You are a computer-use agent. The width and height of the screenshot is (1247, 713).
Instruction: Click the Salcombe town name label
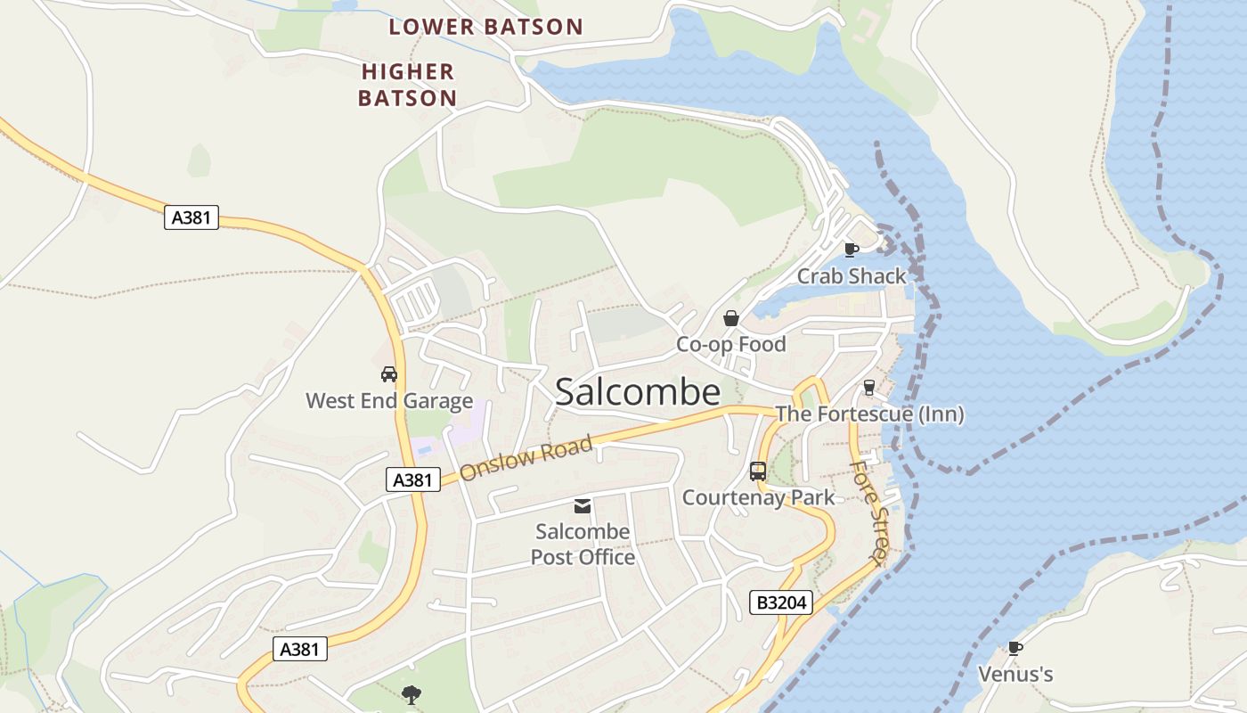click(x=637, y=392)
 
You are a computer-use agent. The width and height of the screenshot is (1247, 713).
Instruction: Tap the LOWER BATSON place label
click(x=485, y=27)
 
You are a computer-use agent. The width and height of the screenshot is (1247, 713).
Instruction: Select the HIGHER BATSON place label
click(x=408, y=85)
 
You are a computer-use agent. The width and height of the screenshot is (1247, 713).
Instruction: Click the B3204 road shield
click(x=781, y=602)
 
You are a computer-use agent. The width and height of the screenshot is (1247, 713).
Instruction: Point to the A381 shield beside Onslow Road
click(x=412, y=479)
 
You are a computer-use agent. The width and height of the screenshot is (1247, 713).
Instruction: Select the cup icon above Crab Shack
click(x=851, y=250)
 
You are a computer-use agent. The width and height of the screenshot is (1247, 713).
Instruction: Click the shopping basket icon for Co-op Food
click(x=731, y=318)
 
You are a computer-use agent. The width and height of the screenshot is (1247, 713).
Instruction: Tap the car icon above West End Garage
click(x=389, y=374)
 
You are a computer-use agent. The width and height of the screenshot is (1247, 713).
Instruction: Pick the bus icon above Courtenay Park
click(x=758, y=471)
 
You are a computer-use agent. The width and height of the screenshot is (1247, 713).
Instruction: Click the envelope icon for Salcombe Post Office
click(x=583, y=506)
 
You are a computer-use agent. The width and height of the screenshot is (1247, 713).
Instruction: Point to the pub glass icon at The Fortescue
click(x=869, y=388)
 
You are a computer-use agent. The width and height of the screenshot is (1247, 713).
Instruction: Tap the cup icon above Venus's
click(x=1015, y=648)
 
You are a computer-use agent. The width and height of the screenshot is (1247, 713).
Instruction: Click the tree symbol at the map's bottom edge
click(x=411, y=694)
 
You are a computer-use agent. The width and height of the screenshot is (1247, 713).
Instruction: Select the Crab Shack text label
click(x=851, y=276)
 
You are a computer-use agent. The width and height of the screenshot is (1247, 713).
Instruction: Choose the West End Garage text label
click(x=389, y=401)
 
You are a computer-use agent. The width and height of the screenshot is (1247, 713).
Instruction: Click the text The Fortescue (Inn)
click(x=869, y=414)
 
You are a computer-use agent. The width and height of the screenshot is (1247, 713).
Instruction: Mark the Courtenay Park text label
click(x=758, y=497)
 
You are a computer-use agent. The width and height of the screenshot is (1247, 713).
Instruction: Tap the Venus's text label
click(x=1015, y=675)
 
